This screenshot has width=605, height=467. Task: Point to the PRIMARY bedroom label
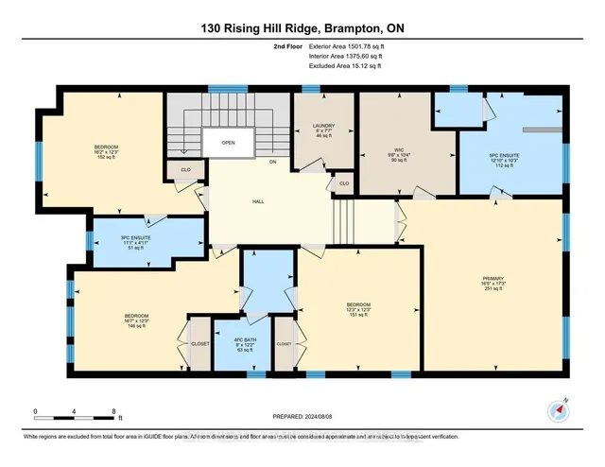click(x=489, y=278)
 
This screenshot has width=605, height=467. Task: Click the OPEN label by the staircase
click(x=228, y=144)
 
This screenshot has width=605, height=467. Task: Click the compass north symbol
click(x=555, y=408)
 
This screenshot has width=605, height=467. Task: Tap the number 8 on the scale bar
click(x=113, y=412)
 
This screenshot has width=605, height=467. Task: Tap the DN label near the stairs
click(x=273, y=162)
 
